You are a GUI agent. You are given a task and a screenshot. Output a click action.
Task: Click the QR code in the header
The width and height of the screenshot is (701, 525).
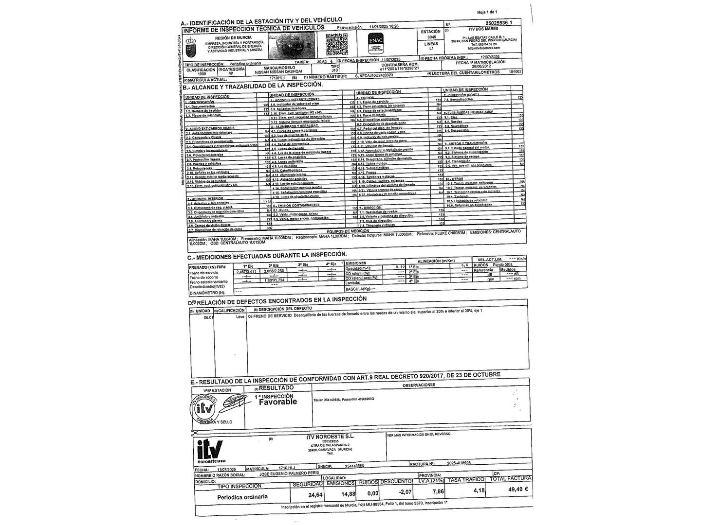point(336,44)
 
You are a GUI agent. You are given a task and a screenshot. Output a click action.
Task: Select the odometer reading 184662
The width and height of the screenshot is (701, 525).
point(515,72)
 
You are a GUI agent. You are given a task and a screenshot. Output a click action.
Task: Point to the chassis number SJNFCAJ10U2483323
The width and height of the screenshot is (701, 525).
point(374,76)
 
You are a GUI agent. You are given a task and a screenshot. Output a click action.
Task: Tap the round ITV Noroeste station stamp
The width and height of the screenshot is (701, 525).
point(205,409)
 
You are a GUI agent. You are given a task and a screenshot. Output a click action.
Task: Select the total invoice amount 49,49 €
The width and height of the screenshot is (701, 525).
point(518,490)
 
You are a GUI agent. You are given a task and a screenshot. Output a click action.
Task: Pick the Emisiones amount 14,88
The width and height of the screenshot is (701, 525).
point(348,494)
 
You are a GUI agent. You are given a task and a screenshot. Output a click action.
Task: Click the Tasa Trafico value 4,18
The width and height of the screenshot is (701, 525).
point(479,490)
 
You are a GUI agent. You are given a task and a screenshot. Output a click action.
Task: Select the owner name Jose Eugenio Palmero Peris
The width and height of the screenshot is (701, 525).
point(290,473)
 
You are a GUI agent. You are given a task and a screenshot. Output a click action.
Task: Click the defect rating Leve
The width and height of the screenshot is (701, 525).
point(240,316)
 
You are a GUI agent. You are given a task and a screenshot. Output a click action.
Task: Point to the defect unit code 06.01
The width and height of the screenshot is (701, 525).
point(208,316)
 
